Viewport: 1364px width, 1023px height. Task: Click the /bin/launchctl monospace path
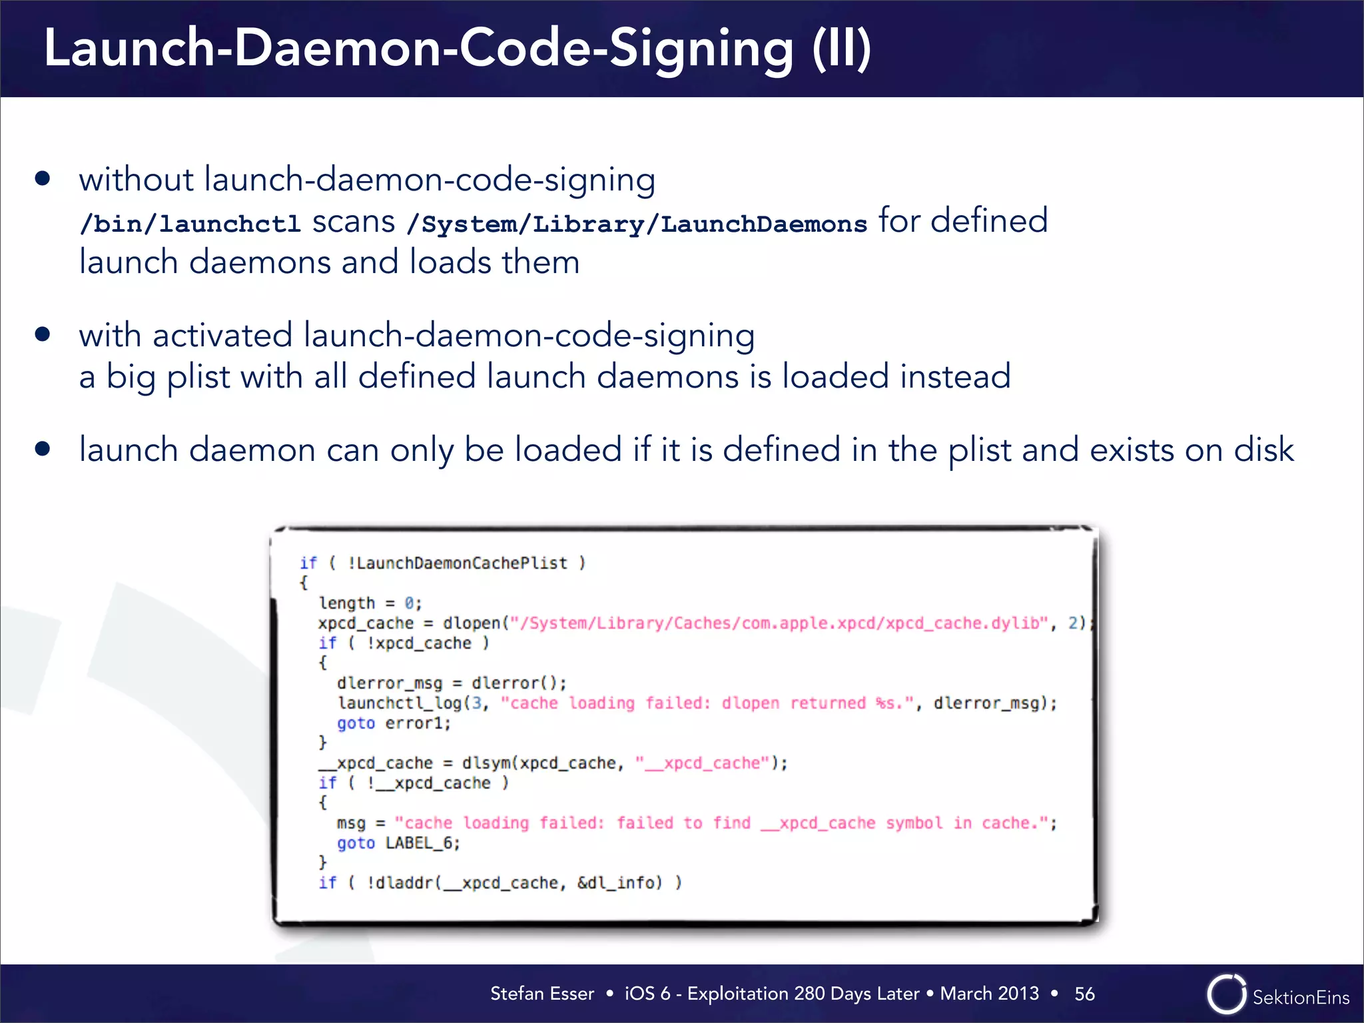point(190,224)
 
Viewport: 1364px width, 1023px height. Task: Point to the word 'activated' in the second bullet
point(222,335)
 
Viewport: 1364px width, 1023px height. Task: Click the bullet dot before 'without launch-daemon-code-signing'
point(43,178)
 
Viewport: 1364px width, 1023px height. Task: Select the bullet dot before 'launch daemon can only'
point(43,449)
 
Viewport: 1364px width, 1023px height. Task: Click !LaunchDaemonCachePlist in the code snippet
point(458,563)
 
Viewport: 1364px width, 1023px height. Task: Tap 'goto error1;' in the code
point(394,723)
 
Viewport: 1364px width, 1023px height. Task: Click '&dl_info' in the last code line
point(619,883)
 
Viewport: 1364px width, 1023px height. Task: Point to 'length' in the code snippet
point(347,603)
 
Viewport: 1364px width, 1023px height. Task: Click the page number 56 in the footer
point(1084,994)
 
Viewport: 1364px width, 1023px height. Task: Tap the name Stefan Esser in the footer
point(541,994)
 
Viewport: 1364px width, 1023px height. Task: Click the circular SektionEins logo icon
point(1226,994)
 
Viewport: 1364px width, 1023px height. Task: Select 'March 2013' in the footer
point(989,994)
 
